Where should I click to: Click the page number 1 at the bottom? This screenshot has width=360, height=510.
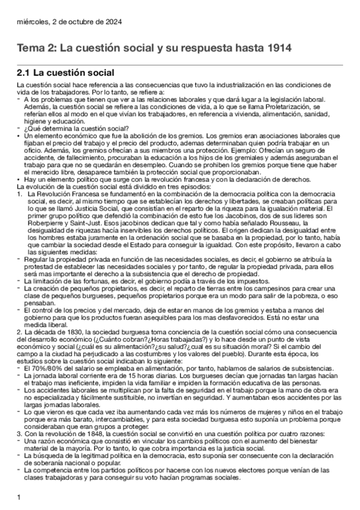(x=20, y=497)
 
